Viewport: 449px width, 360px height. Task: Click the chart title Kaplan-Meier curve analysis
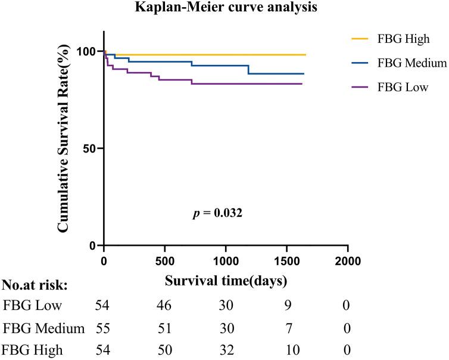click(x=224, y=8)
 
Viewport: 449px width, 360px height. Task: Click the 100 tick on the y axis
click(x=88, y=51)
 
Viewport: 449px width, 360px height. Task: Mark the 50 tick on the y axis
click(x=91, y=148)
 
